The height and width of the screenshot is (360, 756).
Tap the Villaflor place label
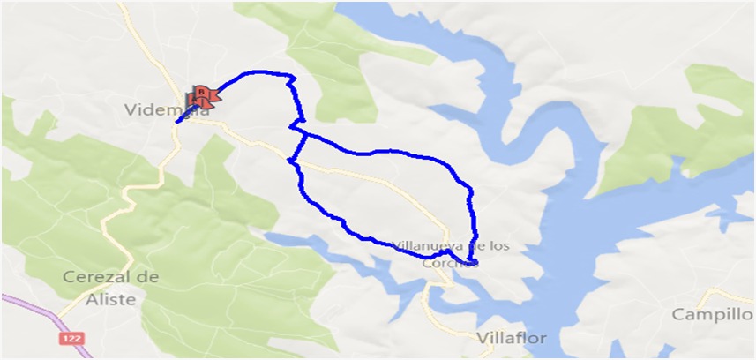pyautogui.click(x=512, y=338)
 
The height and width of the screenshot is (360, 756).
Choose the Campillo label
pyautogui.click(x=711, y=314)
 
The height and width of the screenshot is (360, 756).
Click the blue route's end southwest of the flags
pyautogui.click(x=177, y=122)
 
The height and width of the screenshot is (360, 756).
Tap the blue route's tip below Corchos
pyautogui.click(x=475, y=263)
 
